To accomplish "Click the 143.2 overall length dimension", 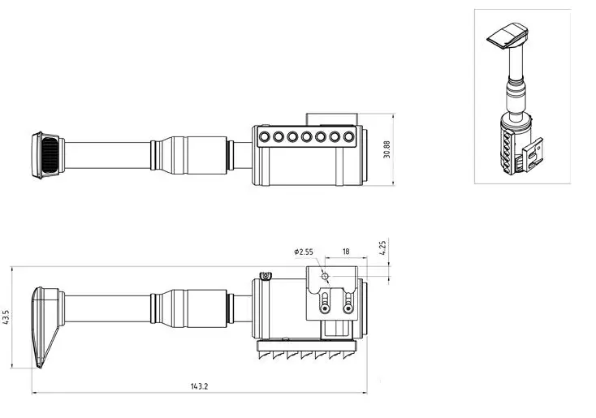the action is (199, 386).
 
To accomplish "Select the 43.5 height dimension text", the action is (6, 317).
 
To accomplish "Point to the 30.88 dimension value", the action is (387, 149).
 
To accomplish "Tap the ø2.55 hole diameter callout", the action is (304, 252).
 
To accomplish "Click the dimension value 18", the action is (346, 252).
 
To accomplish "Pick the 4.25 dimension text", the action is (382, 248).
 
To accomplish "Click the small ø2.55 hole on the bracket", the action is (325, 276).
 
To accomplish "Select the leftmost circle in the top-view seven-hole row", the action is (264, 136).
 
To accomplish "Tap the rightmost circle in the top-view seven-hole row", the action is (348, 136).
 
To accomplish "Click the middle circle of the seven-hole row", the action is (306, 136).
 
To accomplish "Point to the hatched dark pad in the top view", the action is (50, 155).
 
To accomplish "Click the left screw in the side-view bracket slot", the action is (324, 308).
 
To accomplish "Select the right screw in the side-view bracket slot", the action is (348, 308).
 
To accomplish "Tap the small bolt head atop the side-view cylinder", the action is (265, 275).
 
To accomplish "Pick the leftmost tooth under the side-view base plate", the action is (261, 356).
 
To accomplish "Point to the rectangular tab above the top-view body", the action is (332, 119).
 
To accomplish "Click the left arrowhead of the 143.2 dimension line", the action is (35, 393).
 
